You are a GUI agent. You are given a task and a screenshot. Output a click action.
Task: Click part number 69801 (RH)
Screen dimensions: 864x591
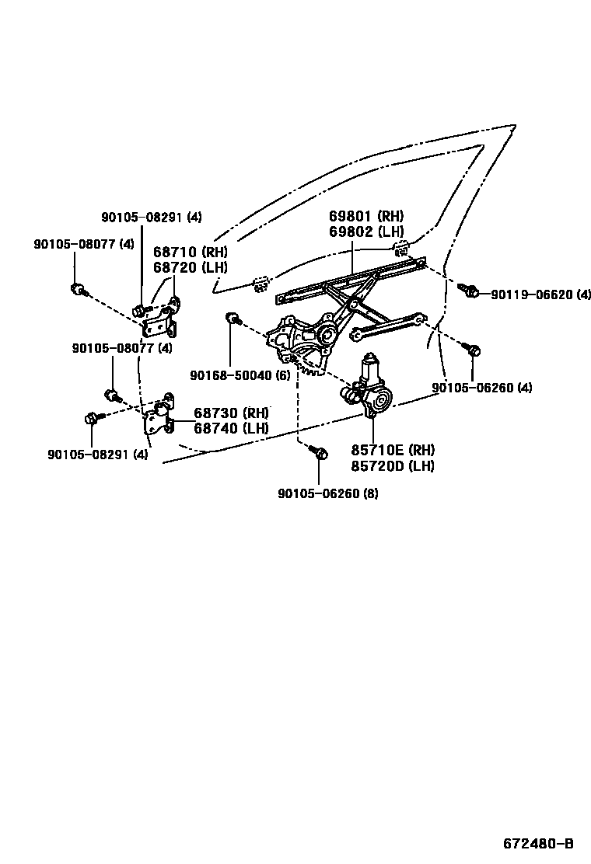coord(366,217)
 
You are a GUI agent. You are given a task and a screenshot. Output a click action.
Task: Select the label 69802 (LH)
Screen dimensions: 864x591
coord(366,232)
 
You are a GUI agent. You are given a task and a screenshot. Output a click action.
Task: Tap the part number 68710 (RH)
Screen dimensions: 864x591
coord(190,252)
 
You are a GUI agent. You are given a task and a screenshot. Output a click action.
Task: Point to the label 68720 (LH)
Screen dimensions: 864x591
coord(190,267)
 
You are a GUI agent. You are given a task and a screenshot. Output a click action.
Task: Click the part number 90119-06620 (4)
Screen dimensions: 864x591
coord(540,294)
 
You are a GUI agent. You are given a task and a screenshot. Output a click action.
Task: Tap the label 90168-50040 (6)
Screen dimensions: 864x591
coord(240,375)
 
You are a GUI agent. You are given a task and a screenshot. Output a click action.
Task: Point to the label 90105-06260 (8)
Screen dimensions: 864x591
coord(327,493)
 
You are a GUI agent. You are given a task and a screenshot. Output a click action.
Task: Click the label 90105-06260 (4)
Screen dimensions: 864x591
coord(482,388)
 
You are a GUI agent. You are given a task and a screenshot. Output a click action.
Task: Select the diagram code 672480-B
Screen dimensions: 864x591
coord(537,844)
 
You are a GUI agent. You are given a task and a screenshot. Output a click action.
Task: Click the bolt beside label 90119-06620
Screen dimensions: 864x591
coord(470,291)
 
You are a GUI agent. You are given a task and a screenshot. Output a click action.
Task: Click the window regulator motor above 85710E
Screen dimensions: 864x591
coord(370,388)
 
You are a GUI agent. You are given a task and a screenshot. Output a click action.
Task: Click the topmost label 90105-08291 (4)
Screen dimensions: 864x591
coord(152,218)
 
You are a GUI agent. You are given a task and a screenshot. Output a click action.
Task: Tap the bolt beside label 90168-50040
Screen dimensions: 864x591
coord(232,318)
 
